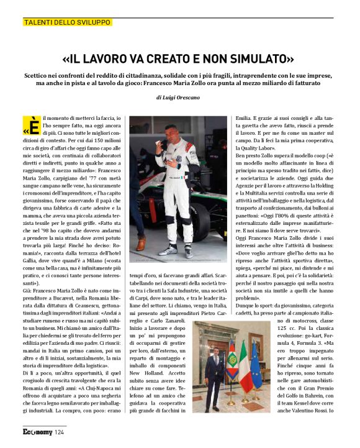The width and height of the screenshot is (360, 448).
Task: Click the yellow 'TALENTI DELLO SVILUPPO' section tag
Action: click(x=67, y=22)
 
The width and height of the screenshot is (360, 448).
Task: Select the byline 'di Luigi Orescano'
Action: click(x=179, y=98)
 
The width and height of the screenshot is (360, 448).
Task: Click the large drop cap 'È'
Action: click(x=34, y=124)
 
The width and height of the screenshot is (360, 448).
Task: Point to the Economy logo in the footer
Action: click(x=37, y=432)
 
